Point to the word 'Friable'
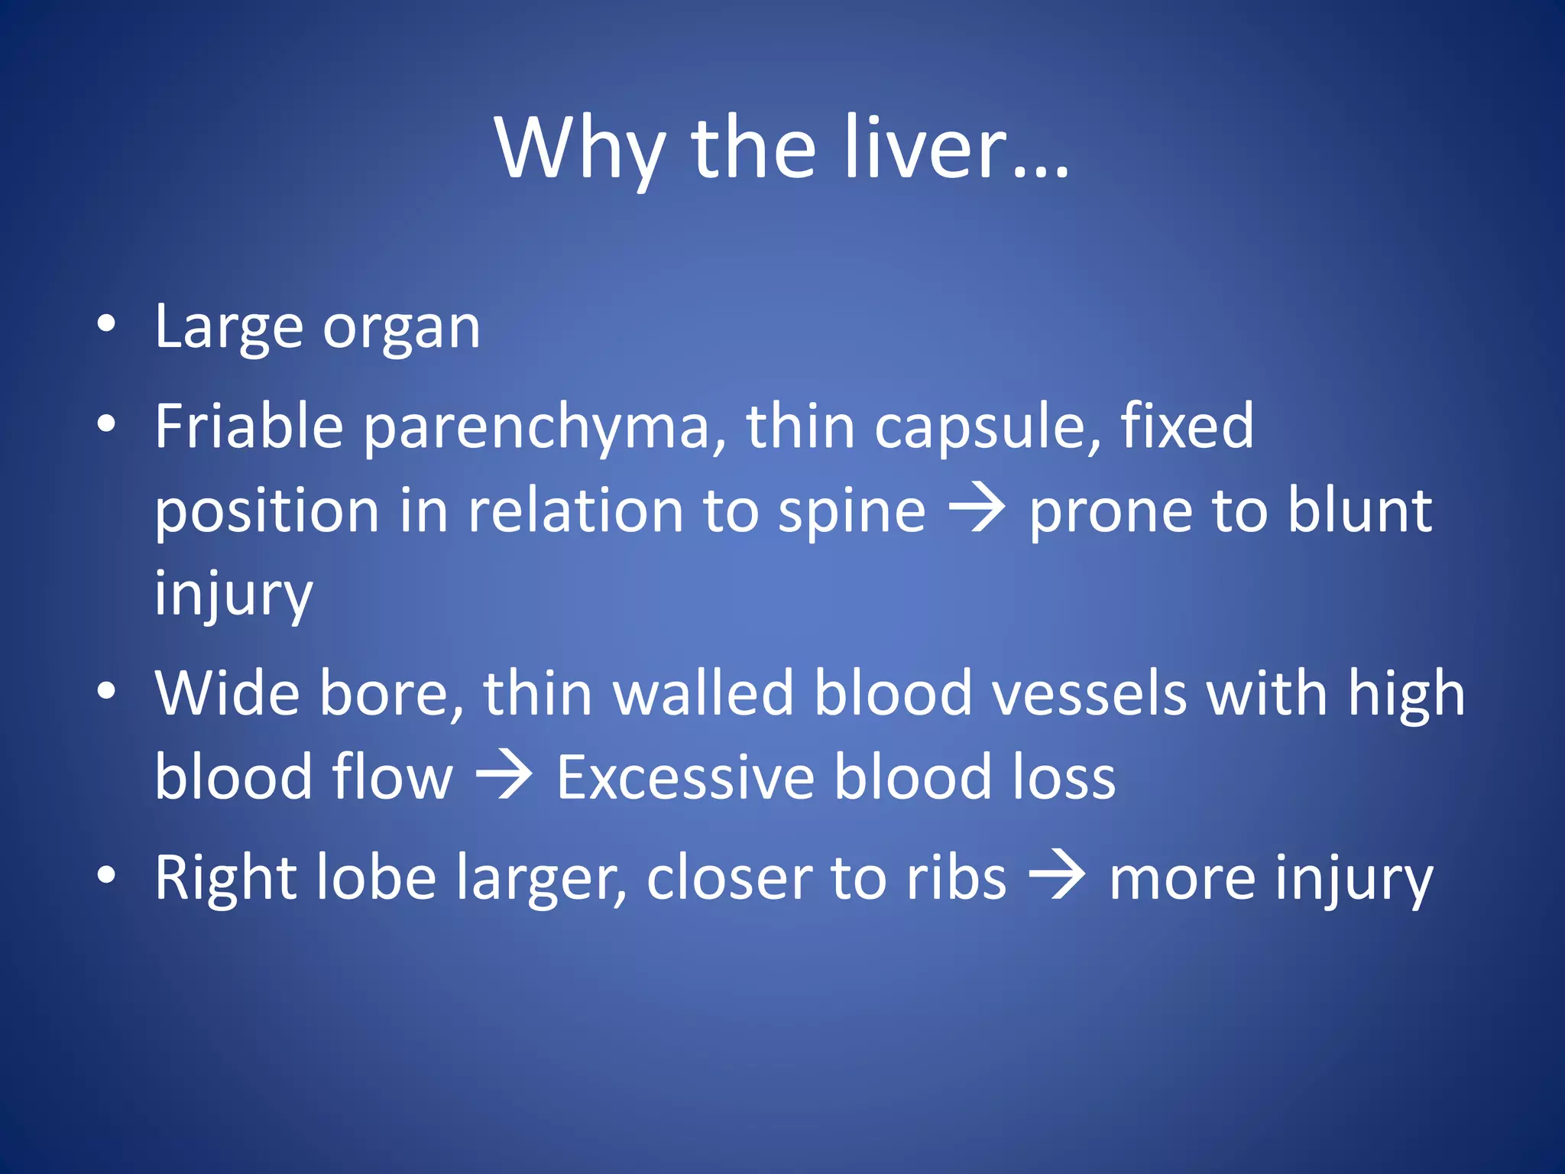click(249, 426)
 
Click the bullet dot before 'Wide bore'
click(106, 690)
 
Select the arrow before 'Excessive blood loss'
click(504, 776)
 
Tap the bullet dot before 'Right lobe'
click(106, 874)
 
